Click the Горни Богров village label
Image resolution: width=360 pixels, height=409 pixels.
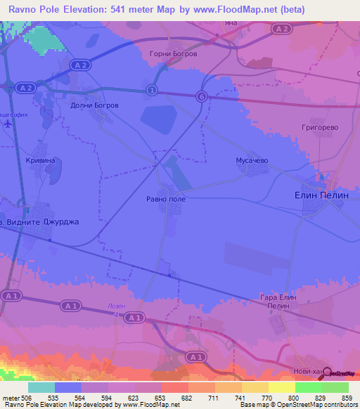click(174, 53)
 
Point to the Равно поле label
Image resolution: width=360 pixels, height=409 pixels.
click(167, 199)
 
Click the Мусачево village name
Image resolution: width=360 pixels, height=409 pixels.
click(251, 161)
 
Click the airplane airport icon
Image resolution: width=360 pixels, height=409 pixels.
click(8, 124)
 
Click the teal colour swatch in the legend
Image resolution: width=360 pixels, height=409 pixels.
click(41, 387)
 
